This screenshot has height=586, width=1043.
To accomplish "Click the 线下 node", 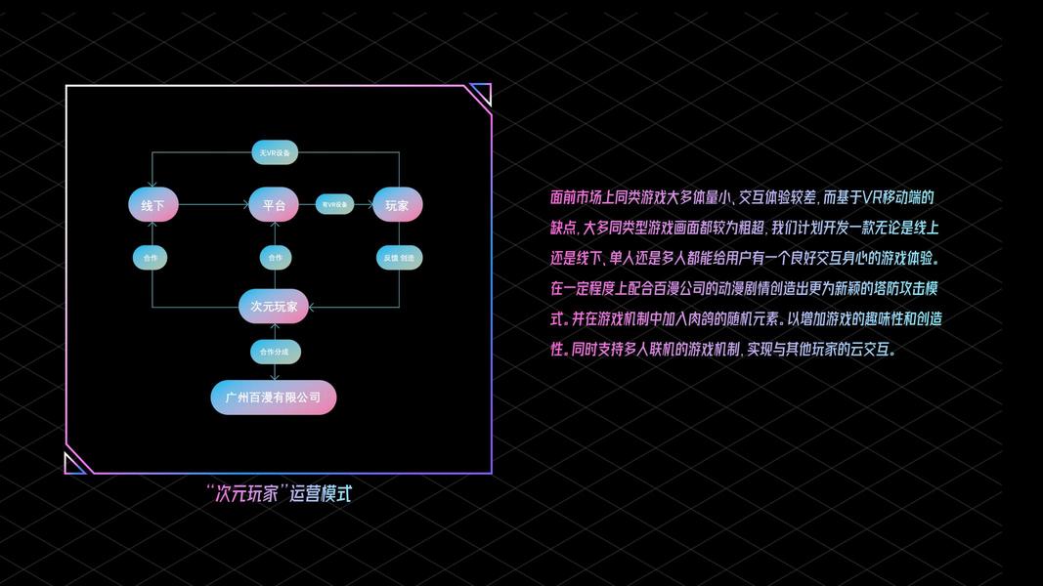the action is click(x=153, y=205).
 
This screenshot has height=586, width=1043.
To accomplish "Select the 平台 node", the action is click(x=274, y=205).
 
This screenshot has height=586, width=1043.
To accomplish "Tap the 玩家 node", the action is click(x=397, y=205).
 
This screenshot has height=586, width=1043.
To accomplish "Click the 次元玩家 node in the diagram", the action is click(x=274, y=307).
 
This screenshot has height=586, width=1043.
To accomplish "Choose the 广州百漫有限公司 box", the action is click(x=274, y=398).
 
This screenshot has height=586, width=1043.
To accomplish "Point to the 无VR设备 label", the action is click(x=274, y=153).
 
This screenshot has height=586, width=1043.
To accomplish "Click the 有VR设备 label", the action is click(x=334, y=205).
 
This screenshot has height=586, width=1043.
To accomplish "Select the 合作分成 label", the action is click(x=274, y=352).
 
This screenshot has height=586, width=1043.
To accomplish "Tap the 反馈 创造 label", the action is click(x=399, y=258).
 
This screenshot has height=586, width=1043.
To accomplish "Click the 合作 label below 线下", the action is click(x=151, y=258).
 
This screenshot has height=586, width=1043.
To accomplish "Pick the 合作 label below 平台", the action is click(x=275, y=258).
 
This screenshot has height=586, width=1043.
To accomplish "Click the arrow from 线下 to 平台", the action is click(x=213, y=205).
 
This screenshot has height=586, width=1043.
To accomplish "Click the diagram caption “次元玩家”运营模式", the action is click(x=279, y=493).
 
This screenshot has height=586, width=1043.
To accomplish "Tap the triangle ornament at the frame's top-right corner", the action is click(x=481, y=94).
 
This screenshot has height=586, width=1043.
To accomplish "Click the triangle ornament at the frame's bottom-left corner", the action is click(x=74, y=464).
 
